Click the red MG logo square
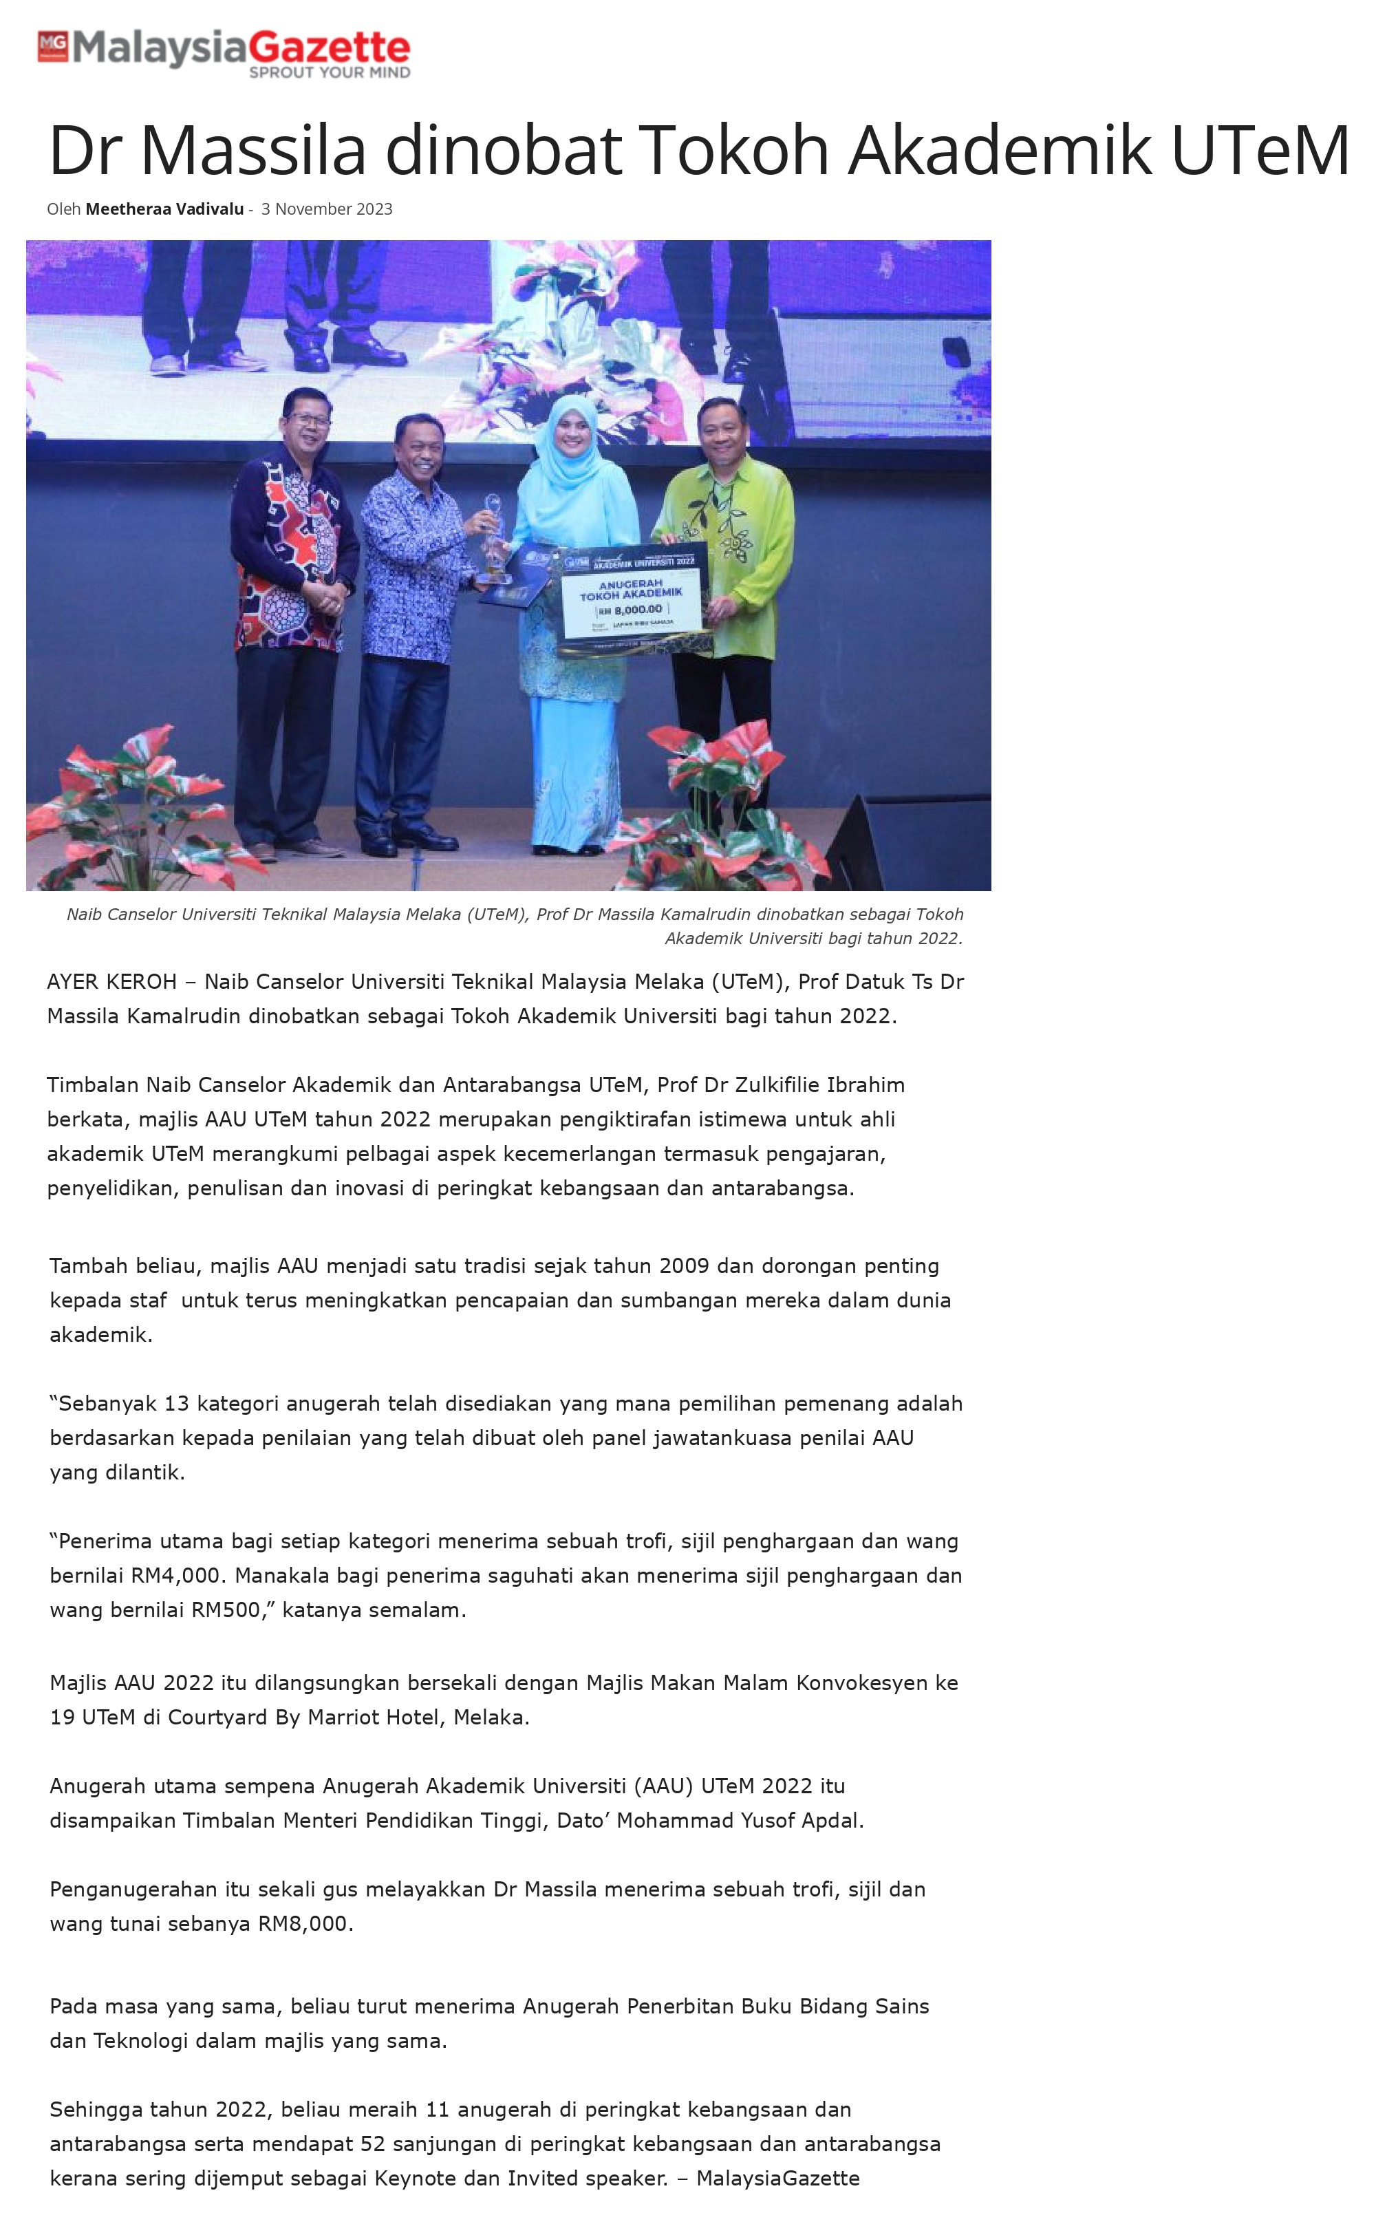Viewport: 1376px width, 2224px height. [53, 46]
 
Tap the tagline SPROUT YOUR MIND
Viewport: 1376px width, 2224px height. [330, 73]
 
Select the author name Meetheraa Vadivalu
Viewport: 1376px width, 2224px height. [164, 209]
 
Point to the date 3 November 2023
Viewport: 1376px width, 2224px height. [327, 209]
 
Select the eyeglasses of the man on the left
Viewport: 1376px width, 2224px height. [308, 420]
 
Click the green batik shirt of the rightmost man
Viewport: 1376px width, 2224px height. [728, 546]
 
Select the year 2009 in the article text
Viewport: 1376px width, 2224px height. [683, 1265]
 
